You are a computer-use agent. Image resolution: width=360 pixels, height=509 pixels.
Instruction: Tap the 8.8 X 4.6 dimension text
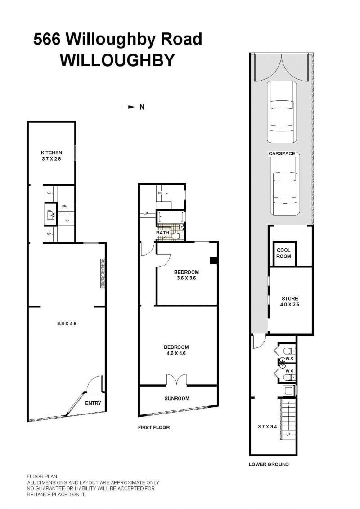(67, 323)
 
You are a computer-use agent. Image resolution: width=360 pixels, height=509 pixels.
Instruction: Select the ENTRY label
(93, 403)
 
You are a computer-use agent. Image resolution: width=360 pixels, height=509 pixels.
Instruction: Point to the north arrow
(129, 107)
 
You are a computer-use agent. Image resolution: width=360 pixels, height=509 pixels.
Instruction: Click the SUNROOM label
(177, 398)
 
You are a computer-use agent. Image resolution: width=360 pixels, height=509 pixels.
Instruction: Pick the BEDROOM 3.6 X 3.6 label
(186, 275)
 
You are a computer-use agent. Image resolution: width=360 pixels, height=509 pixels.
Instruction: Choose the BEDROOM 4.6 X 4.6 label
(176, 350)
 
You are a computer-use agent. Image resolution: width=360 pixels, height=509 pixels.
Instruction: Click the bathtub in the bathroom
(170, 217)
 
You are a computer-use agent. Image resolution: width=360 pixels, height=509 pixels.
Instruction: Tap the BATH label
(162, 233)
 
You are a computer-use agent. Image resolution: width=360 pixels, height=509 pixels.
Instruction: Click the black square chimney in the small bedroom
(214, 260)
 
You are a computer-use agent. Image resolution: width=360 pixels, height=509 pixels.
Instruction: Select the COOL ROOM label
(283, 253)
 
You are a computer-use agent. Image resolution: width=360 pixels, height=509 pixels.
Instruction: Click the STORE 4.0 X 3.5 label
(290, 301)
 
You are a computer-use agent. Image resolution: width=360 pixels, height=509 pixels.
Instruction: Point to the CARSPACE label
(282, 153)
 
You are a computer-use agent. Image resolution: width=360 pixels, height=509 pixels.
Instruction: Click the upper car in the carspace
(282, 111)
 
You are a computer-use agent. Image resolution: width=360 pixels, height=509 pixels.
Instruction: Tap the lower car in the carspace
(285, 184)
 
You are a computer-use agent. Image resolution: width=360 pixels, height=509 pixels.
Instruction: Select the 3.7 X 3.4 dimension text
(267, 427)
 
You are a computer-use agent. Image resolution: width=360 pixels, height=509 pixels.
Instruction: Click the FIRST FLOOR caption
(154, 428)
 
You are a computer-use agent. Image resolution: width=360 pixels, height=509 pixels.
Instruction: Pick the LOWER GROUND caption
(269, 464)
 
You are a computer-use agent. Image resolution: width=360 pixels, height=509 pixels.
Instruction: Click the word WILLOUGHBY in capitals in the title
(117, 60)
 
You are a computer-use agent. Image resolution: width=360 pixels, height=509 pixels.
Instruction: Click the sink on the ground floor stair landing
(50, 215)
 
